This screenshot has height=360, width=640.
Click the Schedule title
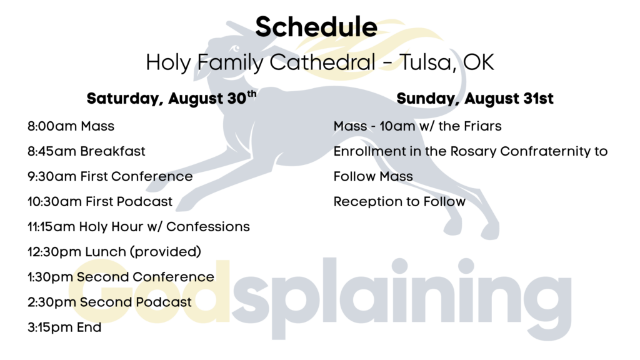316,27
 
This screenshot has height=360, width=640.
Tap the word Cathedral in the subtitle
322,62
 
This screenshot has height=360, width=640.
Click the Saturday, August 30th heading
171,98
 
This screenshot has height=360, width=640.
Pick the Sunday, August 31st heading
475,98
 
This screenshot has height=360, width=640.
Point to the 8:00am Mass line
71,126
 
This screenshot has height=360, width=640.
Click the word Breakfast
112,151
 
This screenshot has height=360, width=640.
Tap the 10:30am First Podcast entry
100,202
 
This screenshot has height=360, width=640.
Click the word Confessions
207,226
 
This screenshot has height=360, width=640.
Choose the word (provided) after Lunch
165,252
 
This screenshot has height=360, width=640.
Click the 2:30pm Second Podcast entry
109,302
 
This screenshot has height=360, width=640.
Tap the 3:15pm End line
64,327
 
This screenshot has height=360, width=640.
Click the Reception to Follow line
399,202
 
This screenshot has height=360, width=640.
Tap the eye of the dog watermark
236,49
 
